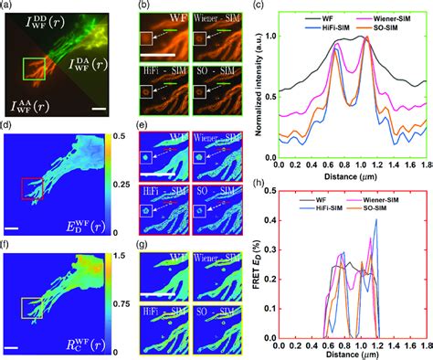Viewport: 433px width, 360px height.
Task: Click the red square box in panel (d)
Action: point(32,188)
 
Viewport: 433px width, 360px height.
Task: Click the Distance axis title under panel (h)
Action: point(350,355)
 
